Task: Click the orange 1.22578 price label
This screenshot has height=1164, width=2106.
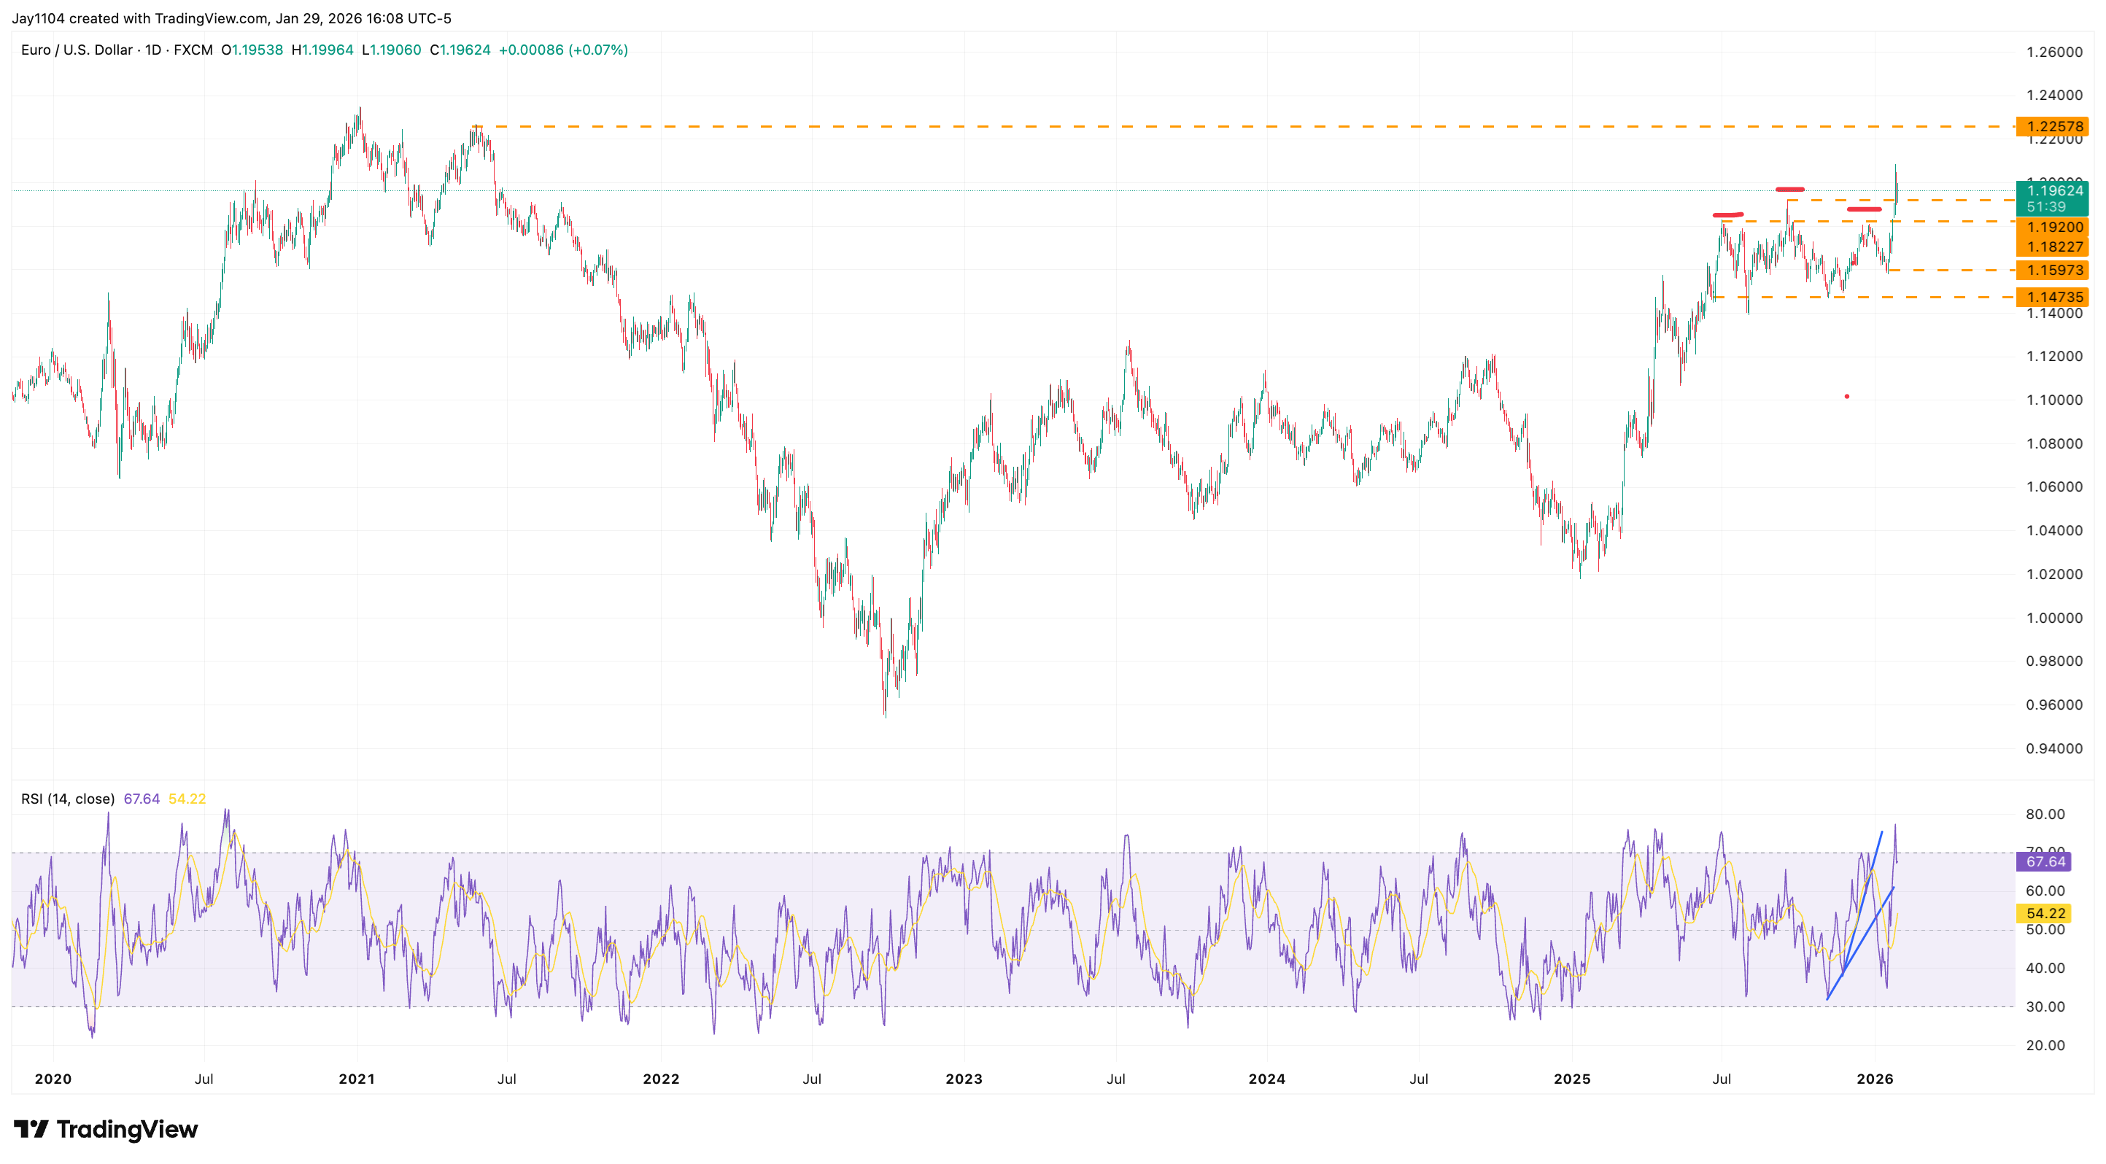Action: click(2053, 127)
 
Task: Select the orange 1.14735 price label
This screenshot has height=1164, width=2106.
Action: click(2053, 297)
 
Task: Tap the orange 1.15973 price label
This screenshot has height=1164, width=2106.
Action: click(2053, 270)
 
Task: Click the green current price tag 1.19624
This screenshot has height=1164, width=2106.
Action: click(2053, 191)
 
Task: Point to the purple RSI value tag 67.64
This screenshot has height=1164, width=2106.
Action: click(2045, 861)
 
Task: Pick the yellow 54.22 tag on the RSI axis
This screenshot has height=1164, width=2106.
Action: click(2045, 913)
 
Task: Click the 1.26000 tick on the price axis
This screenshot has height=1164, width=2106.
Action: click(2053, 53)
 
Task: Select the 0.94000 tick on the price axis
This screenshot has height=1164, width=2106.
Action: click(2053, 749)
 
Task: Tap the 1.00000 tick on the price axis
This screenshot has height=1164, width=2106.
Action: click(2053, 618)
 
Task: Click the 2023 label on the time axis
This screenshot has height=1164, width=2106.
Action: click(964, 1079)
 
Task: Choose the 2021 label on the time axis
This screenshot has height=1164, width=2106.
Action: click(357, 1079)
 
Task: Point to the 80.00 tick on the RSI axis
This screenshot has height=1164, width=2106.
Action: click(2045, 814)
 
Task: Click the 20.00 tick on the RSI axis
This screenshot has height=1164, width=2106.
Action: click(2045, 1045)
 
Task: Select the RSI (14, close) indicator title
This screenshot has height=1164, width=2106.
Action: click(68, 799)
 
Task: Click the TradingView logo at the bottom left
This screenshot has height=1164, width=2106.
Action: click(107, 1130)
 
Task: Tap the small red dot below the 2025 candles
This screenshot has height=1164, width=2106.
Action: click(1847, 397)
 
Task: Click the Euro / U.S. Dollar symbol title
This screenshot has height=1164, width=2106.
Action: click(77, 50)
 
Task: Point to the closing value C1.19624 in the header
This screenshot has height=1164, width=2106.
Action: click(460, 50)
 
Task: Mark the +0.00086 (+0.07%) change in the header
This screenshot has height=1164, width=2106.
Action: click(563, 50)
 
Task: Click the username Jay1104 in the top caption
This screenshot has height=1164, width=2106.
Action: click(38, 18)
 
